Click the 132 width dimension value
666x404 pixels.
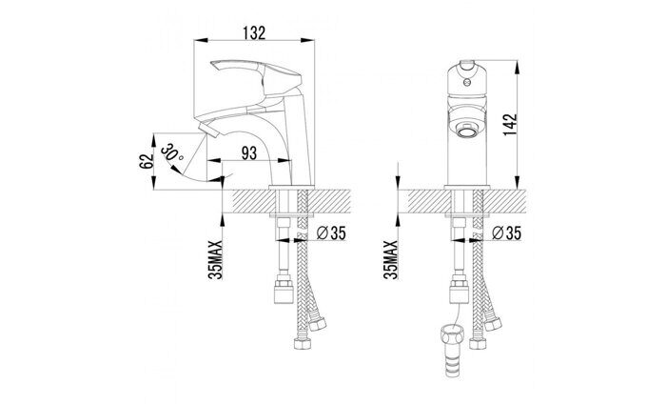[254, 32]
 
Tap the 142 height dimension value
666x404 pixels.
[510, 125]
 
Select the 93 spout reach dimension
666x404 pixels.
[249, 153]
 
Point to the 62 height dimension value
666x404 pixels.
[147, 161]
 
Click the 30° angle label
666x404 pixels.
[172, 153]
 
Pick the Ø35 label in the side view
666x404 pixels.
[332, 233]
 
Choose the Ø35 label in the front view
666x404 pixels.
[506, 233]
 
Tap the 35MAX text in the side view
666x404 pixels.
[216, 260]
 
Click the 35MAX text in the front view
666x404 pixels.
[391, 260]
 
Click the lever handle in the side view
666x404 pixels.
[256, 76]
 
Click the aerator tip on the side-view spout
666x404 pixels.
[208, 129]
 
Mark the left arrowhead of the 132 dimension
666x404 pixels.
[201, 40]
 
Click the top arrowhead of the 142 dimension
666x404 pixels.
[517, 67]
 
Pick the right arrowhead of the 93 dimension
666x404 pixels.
[285, 161]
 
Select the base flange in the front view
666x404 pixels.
[467, 188]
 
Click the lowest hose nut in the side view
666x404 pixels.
[302, 342]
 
